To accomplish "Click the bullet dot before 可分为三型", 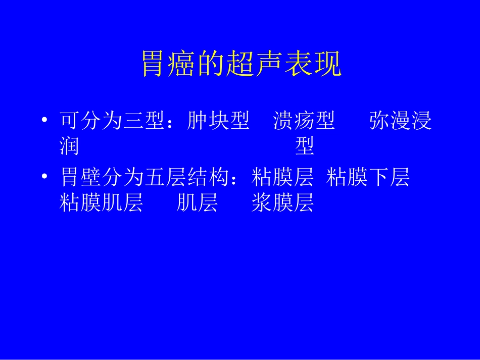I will [45, 121].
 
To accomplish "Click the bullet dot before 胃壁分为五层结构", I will [45, 177].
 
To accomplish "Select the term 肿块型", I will [218, 121].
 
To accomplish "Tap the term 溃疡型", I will [304, 121].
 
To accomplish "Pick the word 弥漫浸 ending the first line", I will [401, 121].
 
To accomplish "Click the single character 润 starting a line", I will [69, 146].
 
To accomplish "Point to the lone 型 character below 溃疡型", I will [305, 146].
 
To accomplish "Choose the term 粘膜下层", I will [368, 178].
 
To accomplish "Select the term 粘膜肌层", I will [101, 202].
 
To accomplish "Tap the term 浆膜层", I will [283, 202].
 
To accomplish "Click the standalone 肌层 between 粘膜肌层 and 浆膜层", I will [198, 202].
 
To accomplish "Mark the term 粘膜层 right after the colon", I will [282, 178].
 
